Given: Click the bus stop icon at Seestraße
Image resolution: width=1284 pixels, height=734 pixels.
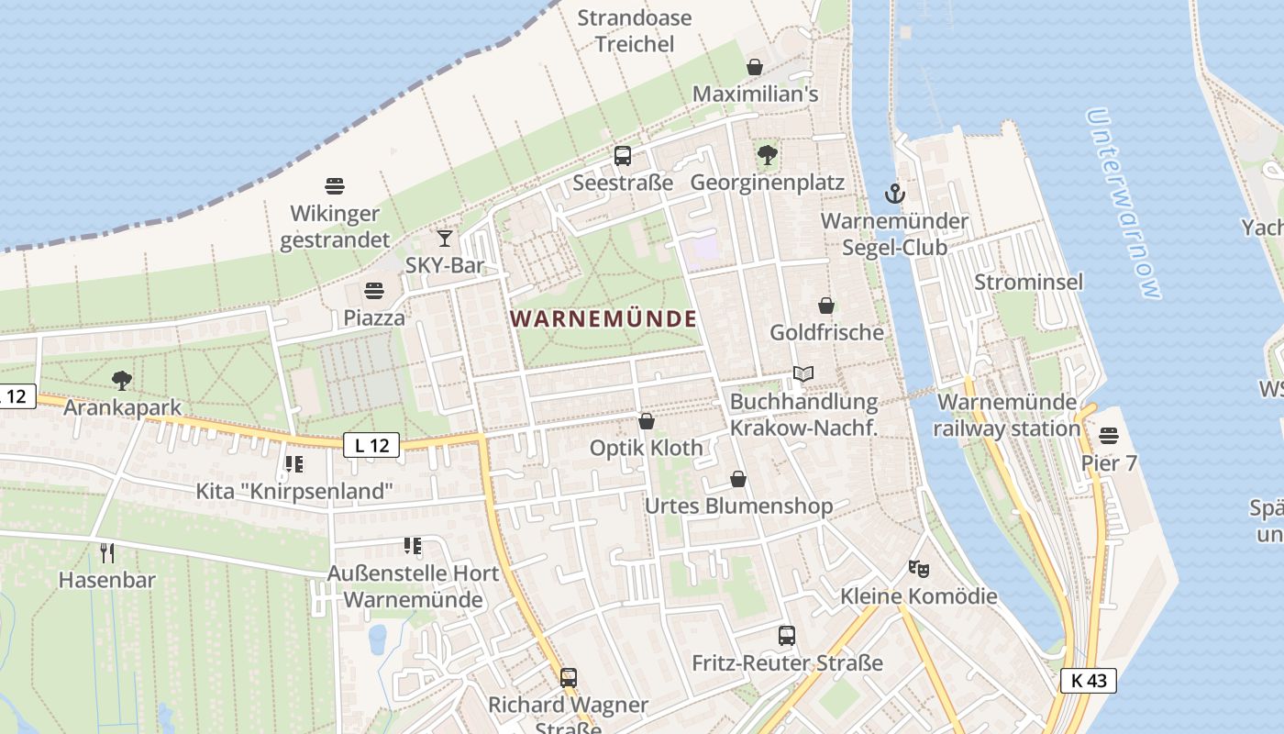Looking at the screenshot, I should pos(623,156).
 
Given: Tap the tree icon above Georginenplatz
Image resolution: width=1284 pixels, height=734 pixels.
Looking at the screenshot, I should pos(768,155).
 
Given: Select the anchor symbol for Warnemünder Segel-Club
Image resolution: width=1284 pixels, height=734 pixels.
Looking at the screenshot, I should pos(894,194).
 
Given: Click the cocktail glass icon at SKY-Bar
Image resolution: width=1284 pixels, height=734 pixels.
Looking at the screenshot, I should pos(445,239).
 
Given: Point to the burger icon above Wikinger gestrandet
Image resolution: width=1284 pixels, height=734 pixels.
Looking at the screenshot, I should pos(335,186).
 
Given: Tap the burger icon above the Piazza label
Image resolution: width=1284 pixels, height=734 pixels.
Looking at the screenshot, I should pos(373,292).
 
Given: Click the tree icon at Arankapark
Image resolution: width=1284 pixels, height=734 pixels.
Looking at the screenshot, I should pos(122,381).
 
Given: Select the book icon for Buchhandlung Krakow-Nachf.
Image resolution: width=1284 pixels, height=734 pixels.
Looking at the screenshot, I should pos(803,374).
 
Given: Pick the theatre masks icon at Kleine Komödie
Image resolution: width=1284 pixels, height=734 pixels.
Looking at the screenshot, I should pos(918,569).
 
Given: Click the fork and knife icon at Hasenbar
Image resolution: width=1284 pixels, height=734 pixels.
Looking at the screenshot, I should pos(107,552).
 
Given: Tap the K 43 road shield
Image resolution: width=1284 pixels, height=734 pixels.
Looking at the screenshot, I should pos(1088,681).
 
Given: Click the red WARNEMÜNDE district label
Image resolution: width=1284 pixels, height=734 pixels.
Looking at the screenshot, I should pos(603,319).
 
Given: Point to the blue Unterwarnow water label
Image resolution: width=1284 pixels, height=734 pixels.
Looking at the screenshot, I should pos(1123,204).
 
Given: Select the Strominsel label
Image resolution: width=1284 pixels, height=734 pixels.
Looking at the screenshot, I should pos(1028,282).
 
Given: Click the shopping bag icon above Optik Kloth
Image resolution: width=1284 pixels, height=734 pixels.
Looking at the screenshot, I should pos(647,421).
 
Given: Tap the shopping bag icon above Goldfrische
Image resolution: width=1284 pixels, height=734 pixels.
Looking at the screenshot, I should pos(826,306).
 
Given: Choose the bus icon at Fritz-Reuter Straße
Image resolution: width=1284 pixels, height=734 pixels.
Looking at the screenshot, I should pos(786,636).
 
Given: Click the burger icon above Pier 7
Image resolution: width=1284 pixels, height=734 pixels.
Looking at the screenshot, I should pos(1109,435).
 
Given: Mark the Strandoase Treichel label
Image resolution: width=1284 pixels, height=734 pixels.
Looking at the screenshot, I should pos(634,30).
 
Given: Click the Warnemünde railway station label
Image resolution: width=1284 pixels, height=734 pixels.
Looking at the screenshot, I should pos(1007,415).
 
